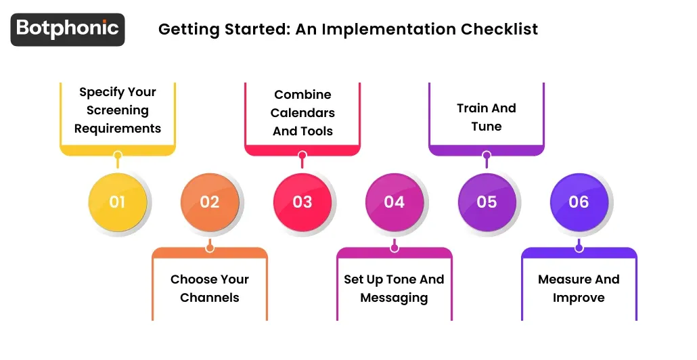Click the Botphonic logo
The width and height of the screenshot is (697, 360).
68,29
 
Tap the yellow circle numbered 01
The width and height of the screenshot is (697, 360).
117,202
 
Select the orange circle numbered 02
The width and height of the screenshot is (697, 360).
210,202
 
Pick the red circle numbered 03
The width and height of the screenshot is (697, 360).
302,202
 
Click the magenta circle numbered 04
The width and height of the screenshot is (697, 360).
395,202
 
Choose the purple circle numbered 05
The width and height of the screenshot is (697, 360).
487,202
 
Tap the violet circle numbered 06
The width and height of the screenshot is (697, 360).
579,202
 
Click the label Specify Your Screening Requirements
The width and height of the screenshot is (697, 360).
118,110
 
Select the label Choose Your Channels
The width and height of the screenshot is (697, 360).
210,288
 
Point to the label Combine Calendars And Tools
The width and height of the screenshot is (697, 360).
302,112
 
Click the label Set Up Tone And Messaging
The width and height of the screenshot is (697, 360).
394,288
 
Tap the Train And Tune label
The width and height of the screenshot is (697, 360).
487,117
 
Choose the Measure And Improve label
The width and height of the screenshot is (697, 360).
579,288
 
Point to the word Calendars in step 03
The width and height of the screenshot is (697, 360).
302,113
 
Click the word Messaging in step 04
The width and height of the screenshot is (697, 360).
394,298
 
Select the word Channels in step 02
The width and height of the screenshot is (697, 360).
210,298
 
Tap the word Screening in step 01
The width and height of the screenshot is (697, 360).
118,110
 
